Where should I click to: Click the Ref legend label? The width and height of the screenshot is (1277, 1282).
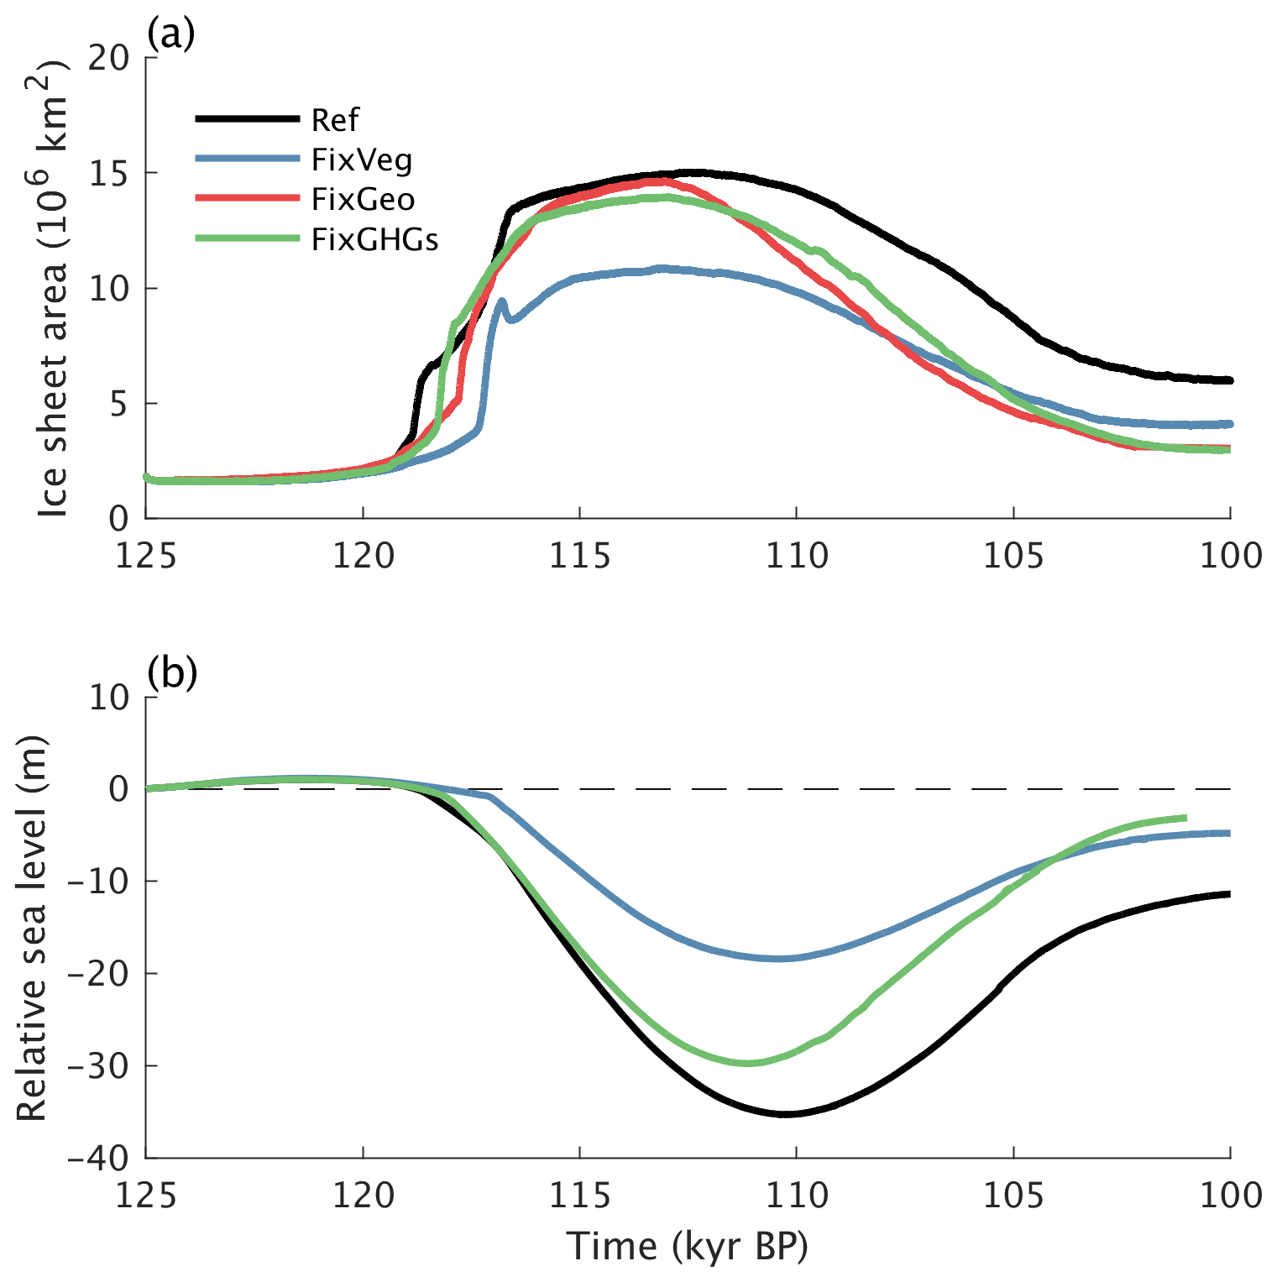click(x=334, y=120)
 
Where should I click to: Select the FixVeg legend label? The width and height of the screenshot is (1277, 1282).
click(x=362, y=160)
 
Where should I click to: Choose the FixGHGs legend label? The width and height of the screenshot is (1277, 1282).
click(x=374, y=240)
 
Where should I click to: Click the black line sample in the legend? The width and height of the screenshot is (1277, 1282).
click(x=247, y=119)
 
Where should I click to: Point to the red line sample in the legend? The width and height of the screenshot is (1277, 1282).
click(x=247, y=198)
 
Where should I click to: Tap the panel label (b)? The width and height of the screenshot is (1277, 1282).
click(x=171, y=673)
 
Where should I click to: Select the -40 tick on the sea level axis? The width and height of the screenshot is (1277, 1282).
click(x=98, y=1159)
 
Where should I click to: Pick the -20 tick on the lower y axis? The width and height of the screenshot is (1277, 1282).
click(x=98, y=974)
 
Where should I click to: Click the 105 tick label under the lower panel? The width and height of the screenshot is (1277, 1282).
click(x=1013, y=1195)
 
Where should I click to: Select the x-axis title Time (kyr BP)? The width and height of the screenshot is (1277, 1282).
click(x=688, y=1247)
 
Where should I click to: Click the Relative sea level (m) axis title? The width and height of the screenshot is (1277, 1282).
click(x=32, y=928)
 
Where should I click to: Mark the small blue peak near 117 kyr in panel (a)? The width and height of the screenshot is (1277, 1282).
click(x=501, y=301)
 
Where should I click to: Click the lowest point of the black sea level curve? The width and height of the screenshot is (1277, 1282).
click(x=785, y=1114)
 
